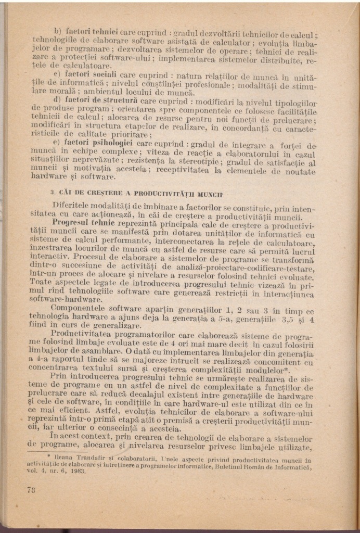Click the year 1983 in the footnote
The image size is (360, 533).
click(76, 471)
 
